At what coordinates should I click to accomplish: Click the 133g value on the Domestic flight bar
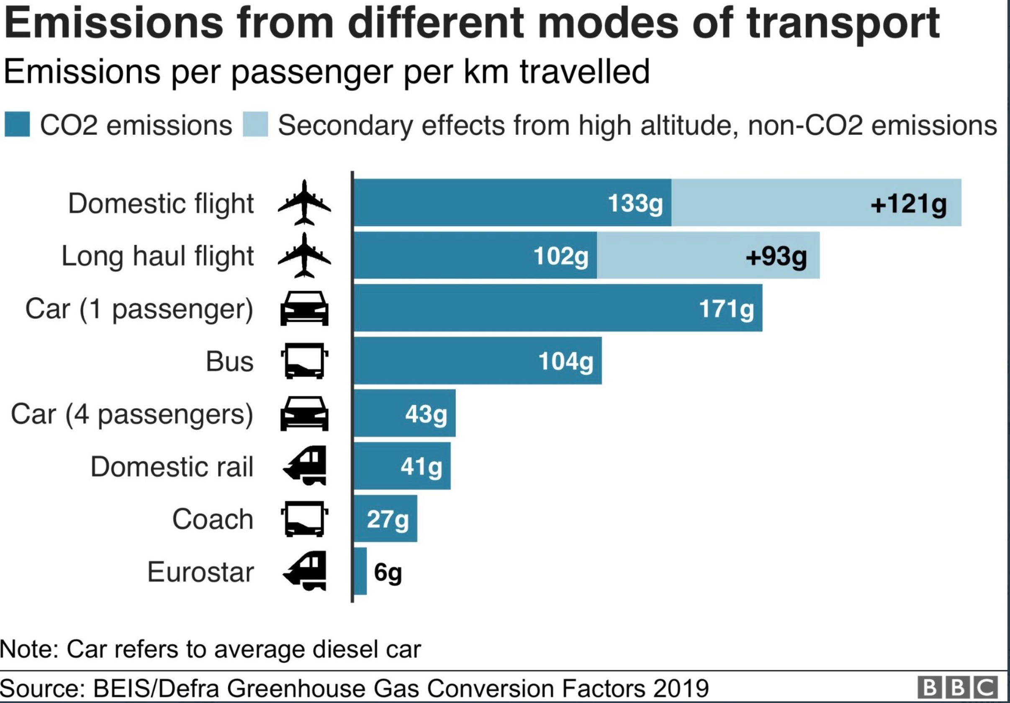[635, 203]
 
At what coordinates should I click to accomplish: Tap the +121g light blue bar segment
[816, 202]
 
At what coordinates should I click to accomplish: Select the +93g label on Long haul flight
[776, 256]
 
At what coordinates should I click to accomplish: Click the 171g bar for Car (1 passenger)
[558, 308]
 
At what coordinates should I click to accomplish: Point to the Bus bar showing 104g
[478, 361]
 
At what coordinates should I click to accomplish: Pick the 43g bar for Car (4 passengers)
[405, 413]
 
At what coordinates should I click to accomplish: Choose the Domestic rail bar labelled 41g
[402, 466]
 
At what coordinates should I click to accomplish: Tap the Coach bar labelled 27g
[385, 519]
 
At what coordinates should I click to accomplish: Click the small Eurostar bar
[360, 571]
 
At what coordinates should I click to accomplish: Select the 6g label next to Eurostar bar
[388, 572]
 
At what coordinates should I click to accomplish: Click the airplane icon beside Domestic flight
[304, 202]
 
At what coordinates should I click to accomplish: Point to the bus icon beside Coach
[304, 519]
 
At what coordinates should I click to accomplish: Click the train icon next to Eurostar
[305, 571]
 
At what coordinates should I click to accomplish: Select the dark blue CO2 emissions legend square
[17, 124]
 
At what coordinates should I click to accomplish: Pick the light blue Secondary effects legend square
[255, 124]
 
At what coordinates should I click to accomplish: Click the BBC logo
[957, 687]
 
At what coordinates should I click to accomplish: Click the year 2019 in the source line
[681, 688]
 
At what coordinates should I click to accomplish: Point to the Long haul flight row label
[157, 256]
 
